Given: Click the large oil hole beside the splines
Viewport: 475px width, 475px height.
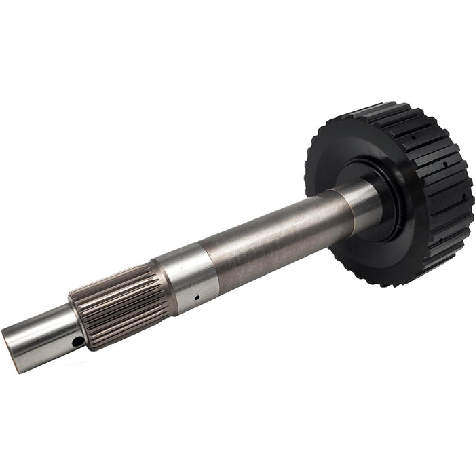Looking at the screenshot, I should (x=79, y=341).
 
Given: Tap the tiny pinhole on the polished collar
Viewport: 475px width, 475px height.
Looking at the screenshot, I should (x=196, y=297).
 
